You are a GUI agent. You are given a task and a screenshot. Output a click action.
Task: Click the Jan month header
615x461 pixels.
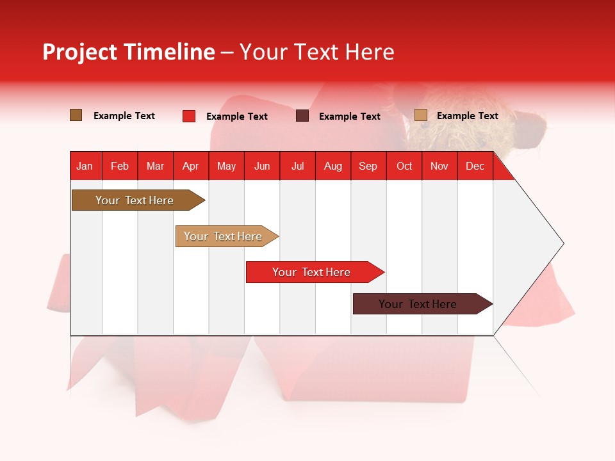pyautogui.click(x=85, y=166)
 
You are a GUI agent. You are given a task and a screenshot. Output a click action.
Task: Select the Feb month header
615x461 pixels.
pyautogui.click(x=120, y=166)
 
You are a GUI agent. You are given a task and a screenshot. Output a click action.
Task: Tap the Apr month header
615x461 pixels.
pyautogui.click(x=190, y=166)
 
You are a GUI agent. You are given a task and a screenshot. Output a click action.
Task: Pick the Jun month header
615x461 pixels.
pyautogui.click(x=262, y=166)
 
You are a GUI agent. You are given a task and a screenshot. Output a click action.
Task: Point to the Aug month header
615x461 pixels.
pyautogui.click(x=332, y=166)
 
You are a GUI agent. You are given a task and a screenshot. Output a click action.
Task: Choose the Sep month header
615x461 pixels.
pyautogui.click(x=368, y=166)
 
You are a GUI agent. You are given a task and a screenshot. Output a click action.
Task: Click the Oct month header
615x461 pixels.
pyautogui.click(x=404, y=166)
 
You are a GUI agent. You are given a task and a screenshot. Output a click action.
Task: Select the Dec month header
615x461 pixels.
pyautogui.click(x=475, y=166)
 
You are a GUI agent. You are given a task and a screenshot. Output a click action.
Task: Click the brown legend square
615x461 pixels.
pyautogui.click(x=76, y=115)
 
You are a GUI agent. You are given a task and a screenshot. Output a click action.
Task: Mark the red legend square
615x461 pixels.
pyautogui.click(x=189, y=116)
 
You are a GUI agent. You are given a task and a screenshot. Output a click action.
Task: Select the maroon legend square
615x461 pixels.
pyautogui.click(x=302, y=116)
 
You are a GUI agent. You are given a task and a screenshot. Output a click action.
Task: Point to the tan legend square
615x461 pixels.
pyautogui.click(x=421, y=115)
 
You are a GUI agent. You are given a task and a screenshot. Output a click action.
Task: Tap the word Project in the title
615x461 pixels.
pyautogui.click(x=79, y=52)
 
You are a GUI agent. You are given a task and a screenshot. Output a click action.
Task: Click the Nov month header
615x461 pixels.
pyautogui.click(x=439, y=166)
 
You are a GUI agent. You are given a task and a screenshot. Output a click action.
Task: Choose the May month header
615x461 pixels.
pyautogui.click(x=226, y=166)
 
